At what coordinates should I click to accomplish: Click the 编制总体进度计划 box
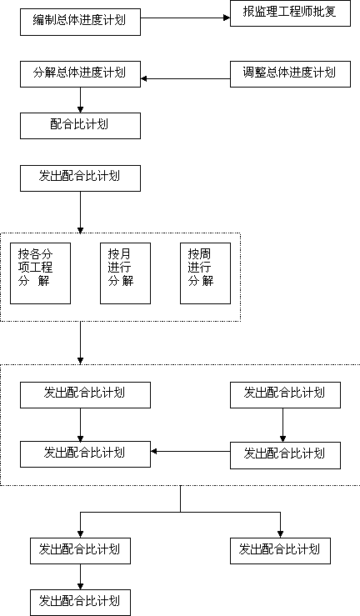pos(81,22)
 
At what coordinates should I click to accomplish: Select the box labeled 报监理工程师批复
pos(290,13)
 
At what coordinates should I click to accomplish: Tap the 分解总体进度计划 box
pos(81,74)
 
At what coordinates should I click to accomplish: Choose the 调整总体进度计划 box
pos(290,74)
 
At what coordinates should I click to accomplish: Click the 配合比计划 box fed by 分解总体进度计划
pos(81,126)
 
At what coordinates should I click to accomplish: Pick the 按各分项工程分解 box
pos(41,273)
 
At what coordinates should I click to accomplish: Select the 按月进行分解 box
pos(125,273)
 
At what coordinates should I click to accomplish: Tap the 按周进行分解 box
pos(205,273)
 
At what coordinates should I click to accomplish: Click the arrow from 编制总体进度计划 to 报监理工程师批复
pos(185,18)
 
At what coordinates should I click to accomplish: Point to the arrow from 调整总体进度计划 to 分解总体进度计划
pos(185,78)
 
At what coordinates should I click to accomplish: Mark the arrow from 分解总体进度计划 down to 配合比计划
pos(81,100)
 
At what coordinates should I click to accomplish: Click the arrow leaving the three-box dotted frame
pos(81,343)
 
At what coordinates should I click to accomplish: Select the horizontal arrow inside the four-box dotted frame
pos(190,452)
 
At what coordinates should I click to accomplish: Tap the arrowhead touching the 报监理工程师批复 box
pos(227,18)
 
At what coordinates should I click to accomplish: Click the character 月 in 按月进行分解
pos(125,253)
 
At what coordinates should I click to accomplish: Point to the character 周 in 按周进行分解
pos(205,253)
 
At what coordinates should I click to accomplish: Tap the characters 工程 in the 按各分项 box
pos(41,267)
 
